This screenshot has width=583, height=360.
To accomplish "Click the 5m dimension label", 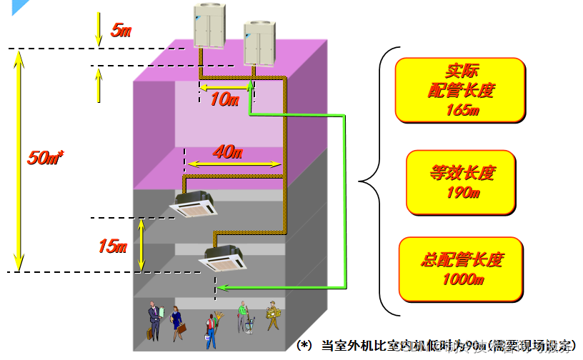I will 121,30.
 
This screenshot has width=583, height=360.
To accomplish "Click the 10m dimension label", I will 224,100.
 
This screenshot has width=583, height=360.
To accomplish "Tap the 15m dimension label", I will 112,246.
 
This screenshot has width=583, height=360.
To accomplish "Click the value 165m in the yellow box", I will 461,110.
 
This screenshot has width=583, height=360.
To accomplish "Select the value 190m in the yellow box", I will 461,193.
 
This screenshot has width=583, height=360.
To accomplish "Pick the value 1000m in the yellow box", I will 461,279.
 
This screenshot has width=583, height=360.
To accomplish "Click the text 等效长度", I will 461,174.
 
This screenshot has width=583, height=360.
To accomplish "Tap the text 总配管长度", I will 461,259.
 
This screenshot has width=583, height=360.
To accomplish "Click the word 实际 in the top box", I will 461,71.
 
